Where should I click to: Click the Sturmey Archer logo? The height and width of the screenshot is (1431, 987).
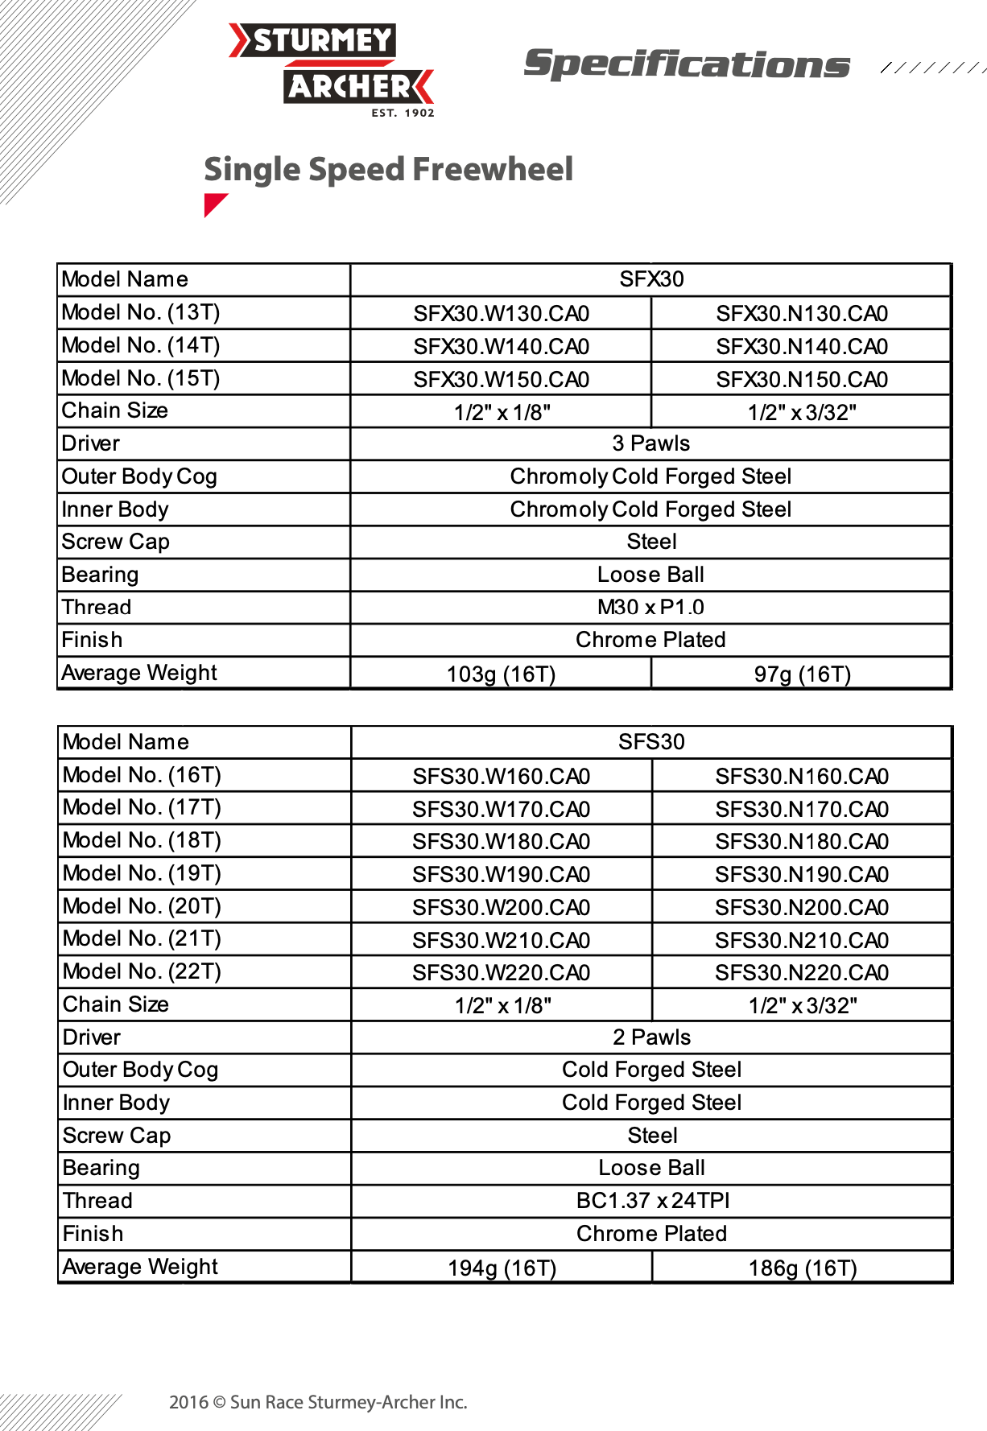[331, 64]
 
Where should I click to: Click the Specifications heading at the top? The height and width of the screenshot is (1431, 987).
[686, 64]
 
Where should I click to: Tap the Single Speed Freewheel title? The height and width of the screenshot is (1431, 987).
[388, 170]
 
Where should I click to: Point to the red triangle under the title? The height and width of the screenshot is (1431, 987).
[213, 204]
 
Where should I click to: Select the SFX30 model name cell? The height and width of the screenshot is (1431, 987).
[651, 279]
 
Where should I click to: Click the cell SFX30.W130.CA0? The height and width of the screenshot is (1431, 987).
[501, 314]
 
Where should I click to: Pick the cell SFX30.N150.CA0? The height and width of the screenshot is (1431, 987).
[802, 380]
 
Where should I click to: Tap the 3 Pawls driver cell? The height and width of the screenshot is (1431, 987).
[651, 443]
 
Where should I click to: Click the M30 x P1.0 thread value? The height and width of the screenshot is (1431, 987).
[651, 608]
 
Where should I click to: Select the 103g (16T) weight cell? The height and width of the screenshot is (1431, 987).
[501, 674]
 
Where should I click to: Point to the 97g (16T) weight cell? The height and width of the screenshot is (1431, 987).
[802, 674]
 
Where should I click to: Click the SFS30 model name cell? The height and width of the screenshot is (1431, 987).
[651, 742]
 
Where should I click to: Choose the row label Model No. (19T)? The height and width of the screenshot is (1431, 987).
[142, 873]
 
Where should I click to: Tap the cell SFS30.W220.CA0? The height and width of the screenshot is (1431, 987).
[501, 973]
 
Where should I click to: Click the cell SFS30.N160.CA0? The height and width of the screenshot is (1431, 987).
[802, 777]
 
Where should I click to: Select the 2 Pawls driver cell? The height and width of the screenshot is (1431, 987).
[651, 1037]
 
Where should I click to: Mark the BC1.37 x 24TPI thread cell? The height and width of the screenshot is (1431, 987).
[652, 1201]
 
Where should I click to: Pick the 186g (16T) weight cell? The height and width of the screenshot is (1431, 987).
[802, 1268]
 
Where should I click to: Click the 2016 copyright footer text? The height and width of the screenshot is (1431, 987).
[318, 1402]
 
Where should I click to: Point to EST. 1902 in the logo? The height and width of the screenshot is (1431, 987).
[403, 113]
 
